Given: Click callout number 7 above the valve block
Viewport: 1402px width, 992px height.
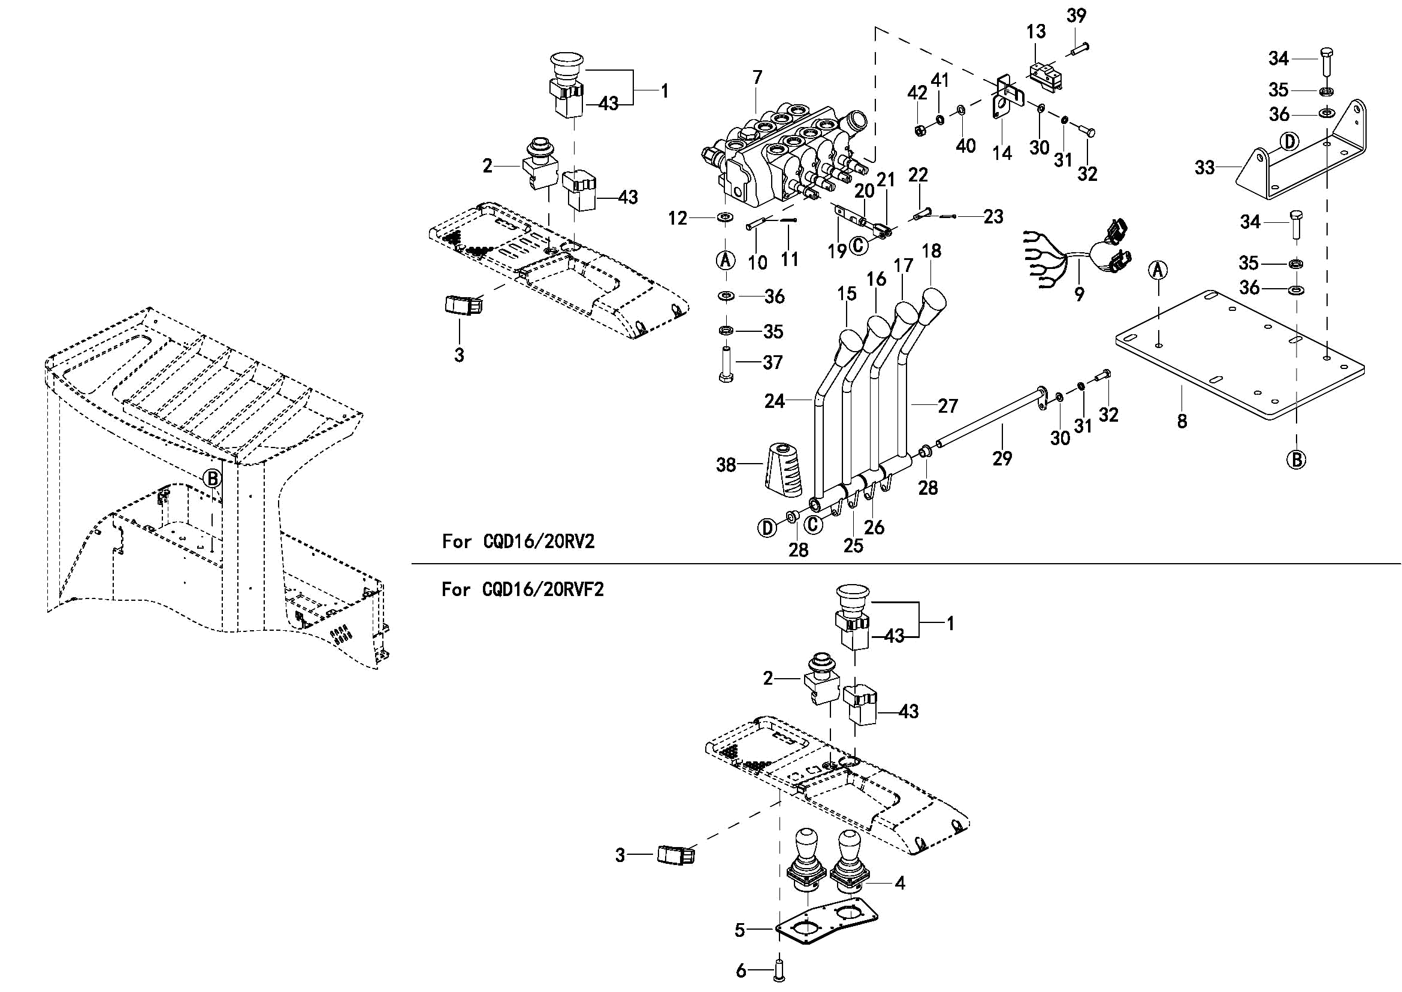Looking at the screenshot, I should click(x=757, y=78).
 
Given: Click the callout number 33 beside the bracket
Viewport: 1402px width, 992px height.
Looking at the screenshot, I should click(x=1204, y=167).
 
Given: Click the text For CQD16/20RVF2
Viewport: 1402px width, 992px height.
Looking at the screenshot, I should click(x=522, y=589).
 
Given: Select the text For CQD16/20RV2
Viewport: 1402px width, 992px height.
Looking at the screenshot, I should click(x=518, y=541).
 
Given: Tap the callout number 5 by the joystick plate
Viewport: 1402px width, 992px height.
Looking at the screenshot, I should click(x=740, y=930).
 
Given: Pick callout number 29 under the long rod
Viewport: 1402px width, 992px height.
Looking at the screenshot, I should click(x=1002, y=458).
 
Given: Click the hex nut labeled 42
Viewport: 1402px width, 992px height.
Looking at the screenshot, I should click(x=920, y=129).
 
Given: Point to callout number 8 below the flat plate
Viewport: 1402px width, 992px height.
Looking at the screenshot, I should click(x=1182, y=421).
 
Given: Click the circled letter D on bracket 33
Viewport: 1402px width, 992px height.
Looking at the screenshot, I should click(x=1288, y=142).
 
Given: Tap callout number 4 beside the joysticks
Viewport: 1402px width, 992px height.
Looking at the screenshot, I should click(x=900, y=882).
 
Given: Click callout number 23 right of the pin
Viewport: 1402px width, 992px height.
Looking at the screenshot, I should click(x=993, y=216).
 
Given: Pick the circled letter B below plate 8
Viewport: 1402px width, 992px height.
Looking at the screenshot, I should click(x=1297, y=459).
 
